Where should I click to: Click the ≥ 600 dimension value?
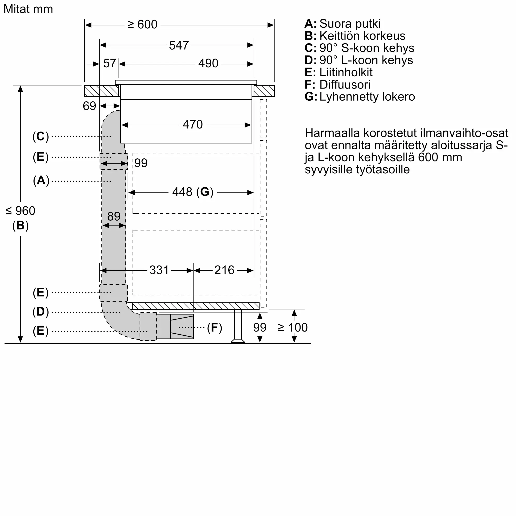142,25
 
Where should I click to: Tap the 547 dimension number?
179,45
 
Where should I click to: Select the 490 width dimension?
208,63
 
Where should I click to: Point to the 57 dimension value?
109,63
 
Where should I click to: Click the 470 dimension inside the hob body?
192,124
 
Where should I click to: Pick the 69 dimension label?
89,106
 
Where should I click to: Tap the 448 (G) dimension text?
192,192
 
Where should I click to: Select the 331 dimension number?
159,270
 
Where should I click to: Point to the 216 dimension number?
224,270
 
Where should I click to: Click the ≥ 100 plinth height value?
293,327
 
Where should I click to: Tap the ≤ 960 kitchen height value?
20,211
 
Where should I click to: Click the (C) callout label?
41,136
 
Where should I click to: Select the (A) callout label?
41,181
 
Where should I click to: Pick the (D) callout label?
41,312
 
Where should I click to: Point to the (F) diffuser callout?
214,328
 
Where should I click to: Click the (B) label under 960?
20,225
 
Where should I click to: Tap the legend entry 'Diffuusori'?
344,85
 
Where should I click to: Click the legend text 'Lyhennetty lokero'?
367,97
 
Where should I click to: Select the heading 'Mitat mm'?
28,9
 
